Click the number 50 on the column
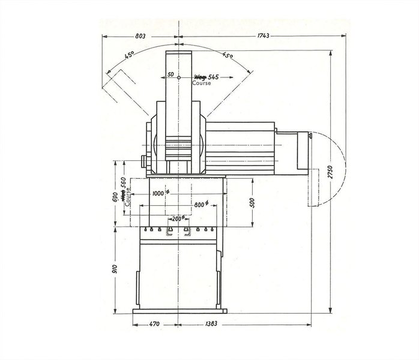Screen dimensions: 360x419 pyautogui.click(x=170, y=75)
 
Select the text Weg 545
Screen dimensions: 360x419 pyautogui.click(x=206, y=77)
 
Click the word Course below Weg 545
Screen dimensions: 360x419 pyautogui.click(x=201, y=83)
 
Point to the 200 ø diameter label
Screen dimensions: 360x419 pyautogui.click(x=177, y=218)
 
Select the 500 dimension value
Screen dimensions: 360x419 pyautogui.click(x=253, y=202)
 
